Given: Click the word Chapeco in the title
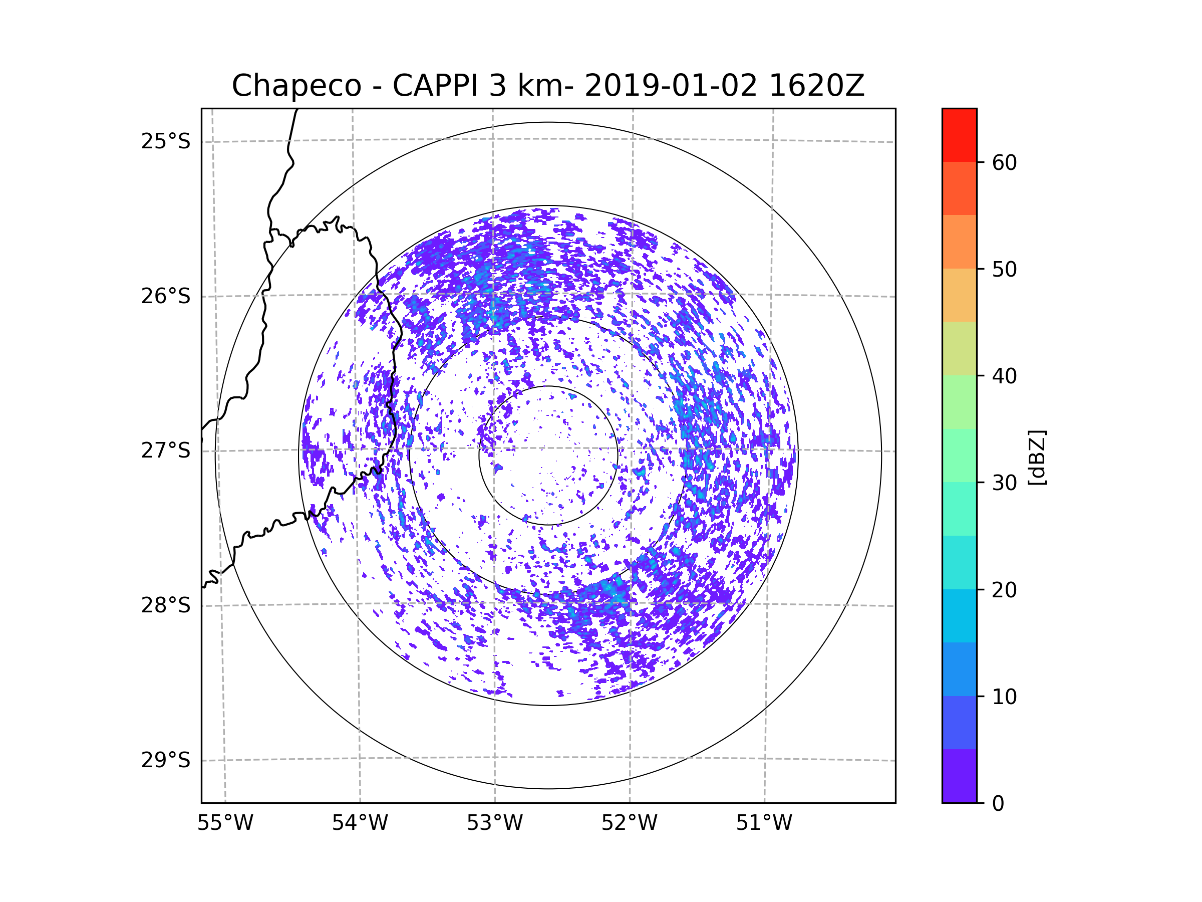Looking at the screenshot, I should [x=296, y=86].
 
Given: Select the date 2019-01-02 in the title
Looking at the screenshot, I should [x=671, y=86].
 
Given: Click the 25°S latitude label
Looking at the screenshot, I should [x=166, y=141].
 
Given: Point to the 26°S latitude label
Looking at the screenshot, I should [x=166, y=296].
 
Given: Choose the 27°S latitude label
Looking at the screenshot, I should [x=166, y=450].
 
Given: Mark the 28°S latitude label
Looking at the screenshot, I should [x=166, y=605].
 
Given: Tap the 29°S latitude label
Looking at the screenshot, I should [x=166, y=760].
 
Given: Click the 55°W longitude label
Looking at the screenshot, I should [x=225, y=823].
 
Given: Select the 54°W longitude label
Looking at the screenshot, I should [x=360, y=823].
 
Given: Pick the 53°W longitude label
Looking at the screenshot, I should [x=494, y=823].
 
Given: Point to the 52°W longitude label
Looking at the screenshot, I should [x=629, y=823].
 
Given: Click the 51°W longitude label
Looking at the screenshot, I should [x=764, y=823].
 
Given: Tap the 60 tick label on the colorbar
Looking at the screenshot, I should [x=1004, y=162].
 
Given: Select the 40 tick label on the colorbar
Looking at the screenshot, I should [x=1004, y=376].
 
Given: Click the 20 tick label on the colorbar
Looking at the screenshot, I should [x=1004, y=590].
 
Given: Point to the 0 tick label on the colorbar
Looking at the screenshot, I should [x=998, y=804].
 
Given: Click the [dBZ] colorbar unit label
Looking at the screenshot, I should [x=1037, y=457].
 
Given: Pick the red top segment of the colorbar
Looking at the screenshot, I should [x=959, y=135].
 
